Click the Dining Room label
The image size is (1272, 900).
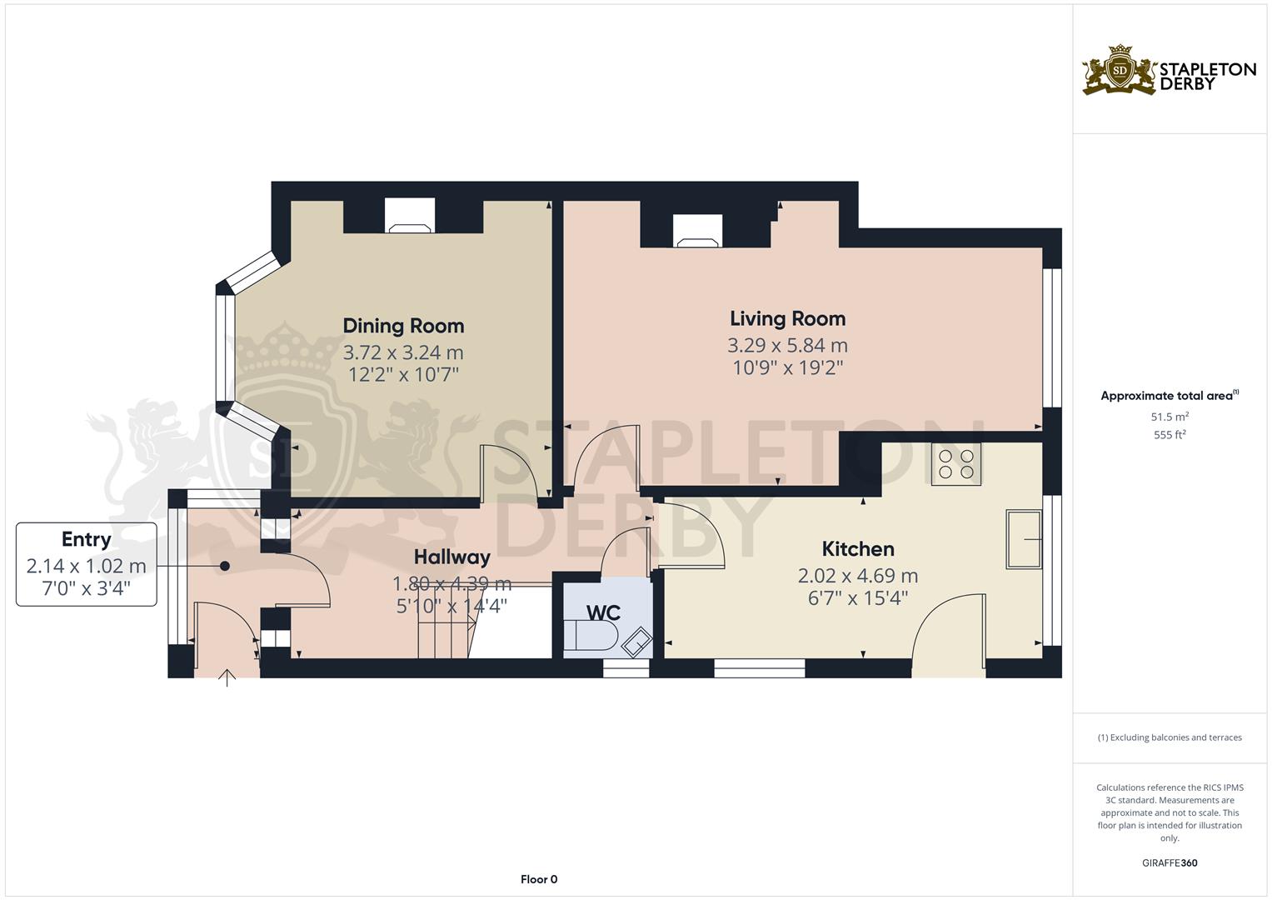point(403,326)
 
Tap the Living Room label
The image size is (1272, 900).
point(787,318)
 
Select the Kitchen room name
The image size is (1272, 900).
point(858,548)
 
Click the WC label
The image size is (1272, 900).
point(603,612)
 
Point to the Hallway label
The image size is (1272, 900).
point(451,556)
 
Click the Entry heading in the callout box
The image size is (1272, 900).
point(86,539)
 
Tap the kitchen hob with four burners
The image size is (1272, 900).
point(955,464)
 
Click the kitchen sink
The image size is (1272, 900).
point(1024,540)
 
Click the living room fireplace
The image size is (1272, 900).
point(697,231)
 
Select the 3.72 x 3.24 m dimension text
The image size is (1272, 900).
point(403,352)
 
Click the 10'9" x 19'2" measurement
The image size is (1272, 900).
point(787,367)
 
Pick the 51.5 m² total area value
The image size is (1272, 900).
point(1170,416)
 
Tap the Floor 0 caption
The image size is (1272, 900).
point(539,879)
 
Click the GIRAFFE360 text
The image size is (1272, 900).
point(1169,862)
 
